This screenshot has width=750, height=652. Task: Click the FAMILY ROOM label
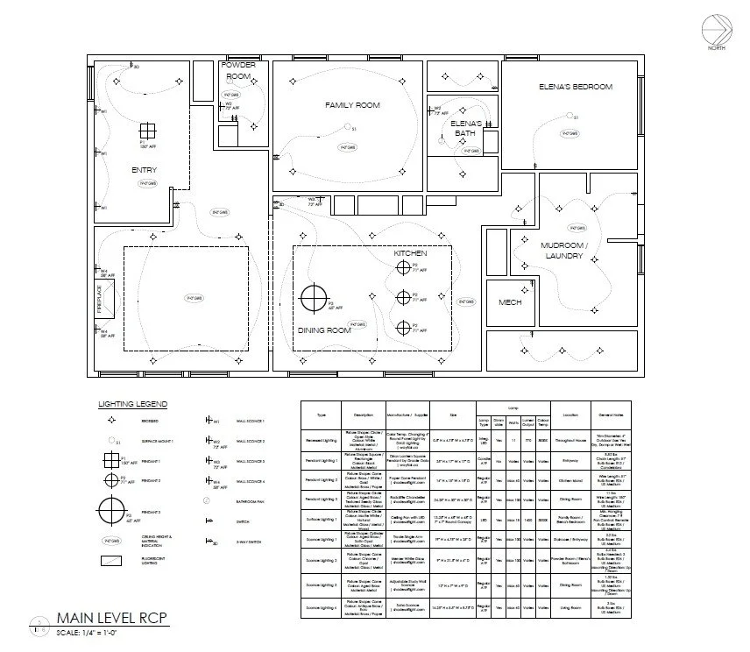tap(352, 105)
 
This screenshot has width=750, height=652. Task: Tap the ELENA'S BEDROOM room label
tap(575, 87)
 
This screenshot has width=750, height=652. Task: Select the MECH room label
tap(510, 302)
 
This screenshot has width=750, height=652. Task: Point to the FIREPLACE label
tap(100, 299)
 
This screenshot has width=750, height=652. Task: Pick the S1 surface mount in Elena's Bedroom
tap(575, 117)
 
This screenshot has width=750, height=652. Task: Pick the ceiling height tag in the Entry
tap(147, 184)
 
